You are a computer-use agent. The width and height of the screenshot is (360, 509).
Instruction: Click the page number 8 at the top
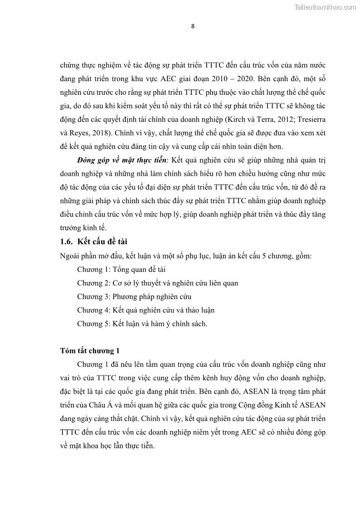(x=193, y=26)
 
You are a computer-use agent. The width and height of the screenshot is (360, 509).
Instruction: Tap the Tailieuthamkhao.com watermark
(x=325, y=7)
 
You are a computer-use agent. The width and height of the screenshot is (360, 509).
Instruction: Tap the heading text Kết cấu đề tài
(x=102, y=242)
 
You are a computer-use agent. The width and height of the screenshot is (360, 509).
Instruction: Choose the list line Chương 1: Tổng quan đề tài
(x=121, y=270)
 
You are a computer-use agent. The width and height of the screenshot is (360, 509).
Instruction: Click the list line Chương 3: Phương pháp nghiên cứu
(x=134, y=297)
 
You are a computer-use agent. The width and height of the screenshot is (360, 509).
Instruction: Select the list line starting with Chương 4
(x=146, y=310)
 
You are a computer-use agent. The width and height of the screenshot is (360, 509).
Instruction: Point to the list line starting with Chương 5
(x=142, y=324)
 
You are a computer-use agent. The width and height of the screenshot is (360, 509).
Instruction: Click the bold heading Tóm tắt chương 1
(x=89, y=351)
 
